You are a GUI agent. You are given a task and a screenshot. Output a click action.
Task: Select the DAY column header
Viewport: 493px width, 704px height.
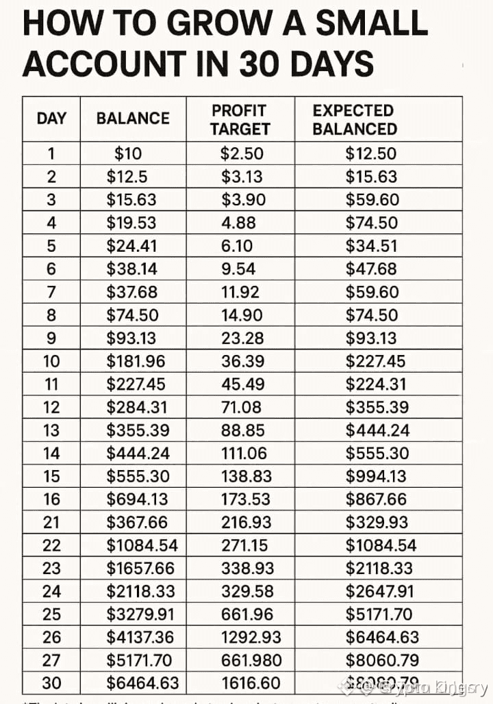point(51,118)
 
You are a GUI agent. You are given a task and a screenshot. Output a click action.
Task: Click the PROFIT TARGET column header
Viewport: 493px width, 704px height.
point(240,120)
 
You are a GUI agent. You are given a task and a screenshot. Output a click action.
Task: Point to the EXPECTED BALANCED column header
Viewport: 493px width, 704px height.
point(354,120)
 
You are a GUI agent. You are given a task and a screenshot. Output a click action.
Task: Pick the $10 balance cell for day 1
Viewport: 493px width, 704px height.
point(128,154)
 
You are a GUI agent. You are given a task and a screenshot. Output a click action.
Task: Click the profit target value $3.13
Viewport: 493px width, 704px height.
point(242,177)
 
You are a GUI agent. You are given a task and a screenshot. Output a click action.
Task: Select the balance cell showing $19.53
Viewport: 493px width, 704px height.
point(131,222)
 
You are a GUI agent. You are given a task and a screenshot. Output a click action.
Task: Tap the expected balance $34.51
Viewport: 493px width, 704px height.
point(371,246)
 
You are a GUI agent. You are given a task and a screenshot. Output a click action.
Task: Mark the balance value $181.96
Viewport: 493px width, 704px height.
point(136,361)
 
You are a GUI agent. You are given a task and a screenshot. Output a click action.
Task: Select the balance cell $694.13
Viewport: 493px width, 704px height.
point(137,499)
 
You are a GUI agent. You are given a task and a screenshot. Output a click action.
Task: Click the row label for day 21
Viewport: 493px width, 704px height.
point(51,522)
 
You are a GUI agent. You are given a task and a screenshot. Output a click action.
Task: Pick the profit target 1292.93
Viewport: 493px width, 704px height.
point(251,637)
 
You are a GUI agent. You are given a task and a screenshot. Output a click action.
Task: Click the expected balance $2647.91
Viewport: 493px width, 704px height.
point(379,591)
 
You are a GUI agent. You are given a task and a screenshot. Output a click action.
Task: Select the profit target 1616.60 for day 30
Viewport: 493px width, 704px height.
point(251,683)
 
